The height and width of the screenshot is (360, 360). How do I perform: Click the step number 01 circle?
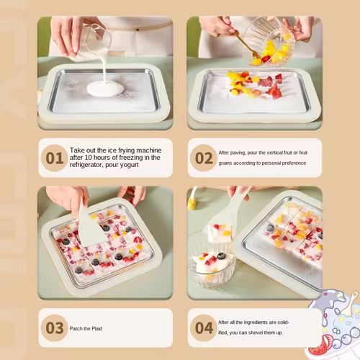click(x=55, y=158)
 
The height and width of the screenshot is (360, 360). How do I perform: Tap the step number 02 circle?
click(x=204, y=158)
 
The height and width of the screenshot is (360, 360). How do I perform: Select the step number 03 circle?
click(x=55, y=328)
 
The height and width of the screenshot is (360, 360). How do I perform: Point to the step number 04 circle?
click(x=204, y=328)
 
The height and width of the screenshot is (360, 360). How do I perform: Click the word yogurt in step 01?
click(x=128, y=166)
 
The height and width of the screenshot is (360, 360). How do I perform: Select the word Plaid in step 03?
click(x=96, y=328)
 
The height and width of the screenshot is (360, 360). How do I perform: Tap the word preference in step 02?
click(x=294, y=163)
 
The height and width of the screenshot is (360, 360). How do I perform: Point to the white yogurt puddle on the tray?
click(x=105, y=89)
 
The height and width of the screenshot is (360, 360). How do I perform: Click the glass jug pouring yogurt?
click(x=95, y=41)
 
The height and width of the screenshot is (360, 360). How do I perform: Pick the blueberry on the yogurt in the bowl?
click(x=220, y=256)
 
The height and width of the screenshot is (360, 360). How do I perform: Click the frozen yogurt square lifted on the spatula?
click(x=220, y=233)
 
